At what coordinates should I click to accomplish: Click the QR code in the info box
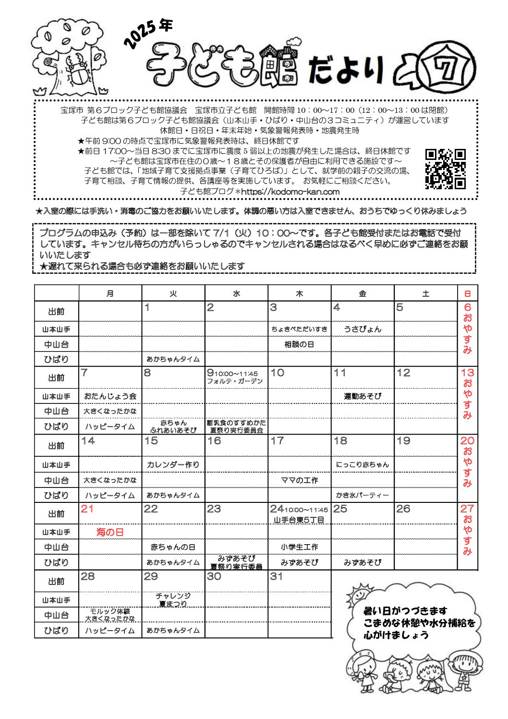[445, 169]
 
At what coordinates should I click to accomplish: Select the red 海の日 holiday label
[110, 532]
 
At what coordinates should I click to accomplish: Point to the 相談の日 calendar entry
[299, 344]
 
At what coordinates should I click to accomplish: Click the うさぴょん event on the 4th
[363, 329]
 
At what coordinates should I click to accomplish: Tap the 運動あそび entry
[363, 396]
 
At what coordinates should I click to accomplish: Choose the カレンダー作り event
[173, 464]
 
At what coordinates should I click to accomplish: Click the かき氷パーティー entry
[363, 495]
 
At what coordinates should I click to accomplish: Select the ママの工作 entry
[299, 480]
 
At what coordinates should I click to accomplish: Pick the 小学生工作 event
[299, 547]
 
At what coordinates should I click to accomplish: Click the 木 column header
[299, 293]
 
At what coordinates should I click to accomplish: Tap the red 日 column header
[467, 293]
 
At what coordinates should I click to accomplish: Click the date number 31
[277, 576]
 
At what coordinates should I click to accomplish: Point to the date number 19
[403, 441]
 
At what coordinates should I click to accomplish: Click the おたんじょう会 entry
[110, 396]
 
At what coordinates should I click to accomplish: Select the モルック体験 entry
[110, 611]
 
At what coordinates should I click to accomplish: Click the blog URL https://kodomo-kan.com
[290, 192]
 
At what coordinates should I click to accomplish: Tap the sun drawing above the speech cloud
[359, 595]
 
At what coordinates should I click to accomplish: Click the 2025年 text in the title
[147, 33]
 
